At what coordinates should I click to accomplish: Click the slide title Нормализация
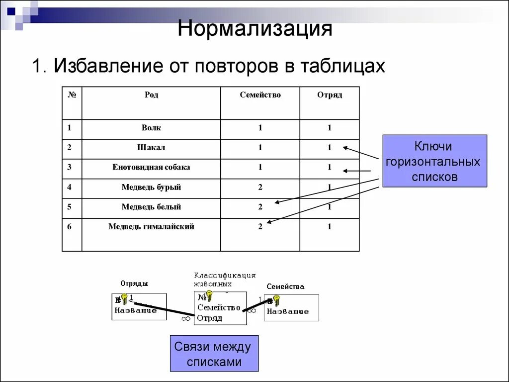pyautogui.click(x=255, y=28)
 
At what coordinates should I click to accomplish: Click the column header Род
pyautogui.click(x=151, y=95)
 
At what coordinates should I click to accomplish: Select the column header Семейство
pyautogui.click(x=260, y=95)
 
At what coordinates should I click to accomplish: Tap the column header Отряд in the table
pyautogui.click(x=329, y=95)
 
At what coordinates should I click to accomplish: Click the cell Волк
pyautogui.click(x=151, y=128)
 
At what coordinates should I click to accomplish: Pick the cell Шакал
pyautogui.click(x=151, y=148)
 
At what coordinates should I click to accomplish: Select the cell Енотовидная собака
pyautogui.click(x=151, y=167)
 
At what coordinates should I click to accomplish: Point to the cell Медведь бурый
pyautogui.click(x=151, y=188)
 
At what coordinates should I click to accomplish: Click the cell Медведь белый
pyautogui.click(x=151, y=207)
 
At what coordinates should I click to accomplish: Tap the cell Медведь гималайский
pyautogui.click(x=151, y=227)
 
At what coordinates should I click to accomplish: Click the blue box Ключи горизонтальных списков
pyautogui.click(x=434, y=161)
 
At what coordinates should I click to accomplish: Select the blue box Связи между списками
pyautogui.click(x=214, y=354)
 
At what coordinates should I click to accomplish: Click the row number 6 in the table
pyautogui.click(x=70, y=227)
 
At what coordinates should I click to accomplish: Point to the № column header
pyautogui.click(x=72, y=95)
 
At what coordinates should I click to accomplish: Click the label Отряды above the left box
pyautogui.click(x=134, y=284)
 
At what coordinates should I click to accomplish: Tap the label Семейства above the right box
pyautogui.click(x=285, y=286)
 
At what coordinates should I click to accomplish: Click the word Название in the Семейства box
pyautogui.click(x=288, y=311)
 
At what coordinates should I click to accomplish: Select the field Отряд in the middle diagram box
pyautogui.click(x=209, y=318)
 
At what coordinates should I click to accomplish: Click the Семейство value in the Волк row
pyautogui.click(x=260, y=128)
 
